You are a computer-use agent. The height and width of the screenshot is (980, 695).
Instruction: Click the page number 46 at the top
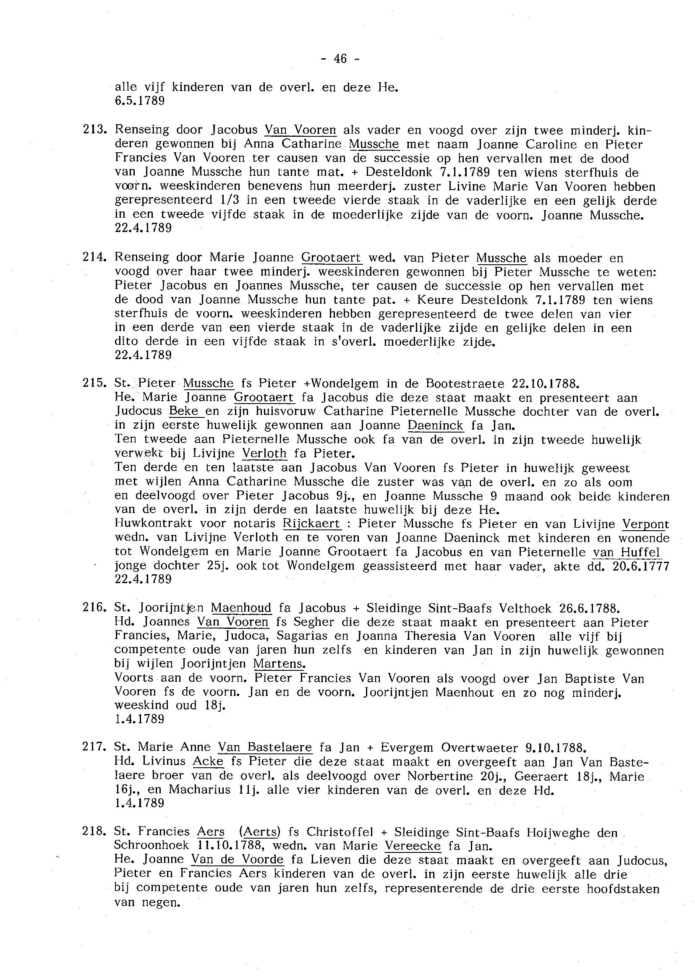point(340,59)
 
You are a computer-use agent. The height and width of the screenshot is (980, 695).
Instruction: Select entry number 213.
point(94,130)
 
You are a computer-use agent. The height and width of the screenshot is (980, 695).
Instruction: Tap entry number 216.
point(94,607)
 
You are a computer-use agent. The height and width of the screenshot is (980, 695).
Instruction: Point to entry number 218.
point(94,832)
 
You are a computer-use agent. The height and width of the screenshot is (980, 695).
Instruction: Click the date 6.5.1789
point(140,101)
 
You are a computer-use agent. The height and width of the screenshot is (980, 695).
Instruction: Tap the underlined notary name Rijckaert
point(311,524)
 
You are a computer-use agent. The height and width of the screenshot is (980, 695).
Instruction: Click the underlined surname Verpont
point(645,524)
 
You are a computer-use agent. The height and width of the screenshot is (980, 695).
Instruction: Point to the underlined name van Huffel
point(627,552)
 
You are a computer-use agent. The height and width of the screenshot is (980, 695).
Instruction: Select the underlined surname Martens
point(280,664)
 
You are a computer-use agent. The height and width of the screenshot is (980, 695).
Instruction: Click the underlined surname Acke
point(208,761)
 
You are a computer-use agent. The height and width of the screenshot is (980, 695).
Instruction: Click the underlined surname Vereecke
point(413,846)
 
